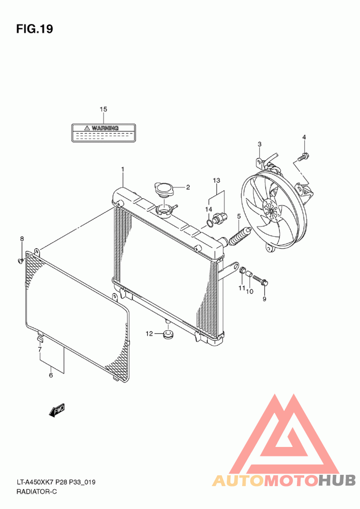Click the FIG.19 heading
35,29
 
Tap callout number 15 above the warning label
103,109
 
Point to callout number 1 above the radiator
122,169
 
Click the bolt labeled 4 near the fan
303,156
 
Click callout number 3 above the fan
260,144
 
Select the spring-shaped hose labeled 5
238,237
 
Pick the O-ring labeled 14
210,222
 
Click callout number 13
216,180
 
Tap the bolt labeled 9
261,281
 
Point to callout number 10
250,291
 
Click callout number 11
241,288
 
